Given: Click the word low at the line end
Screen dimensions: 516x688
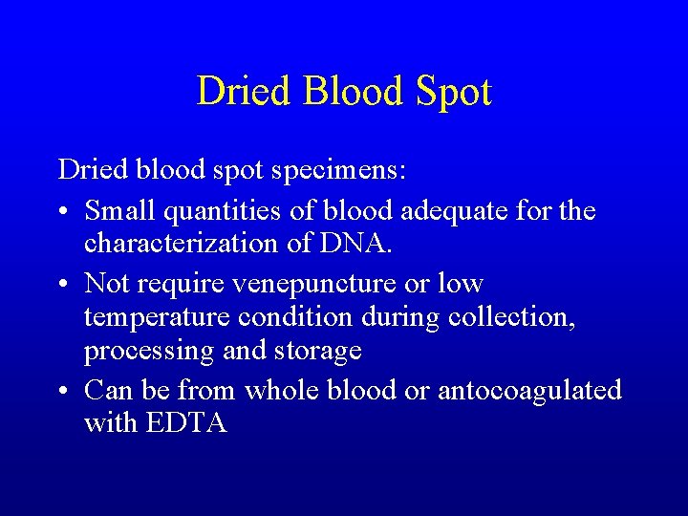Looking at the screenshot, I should point(460,283).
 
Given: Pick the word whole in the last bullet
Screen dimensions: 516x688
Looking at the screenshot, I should point(281,390).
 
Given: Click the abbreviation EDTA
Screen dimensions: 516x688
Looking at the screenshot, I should point(186,423).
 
